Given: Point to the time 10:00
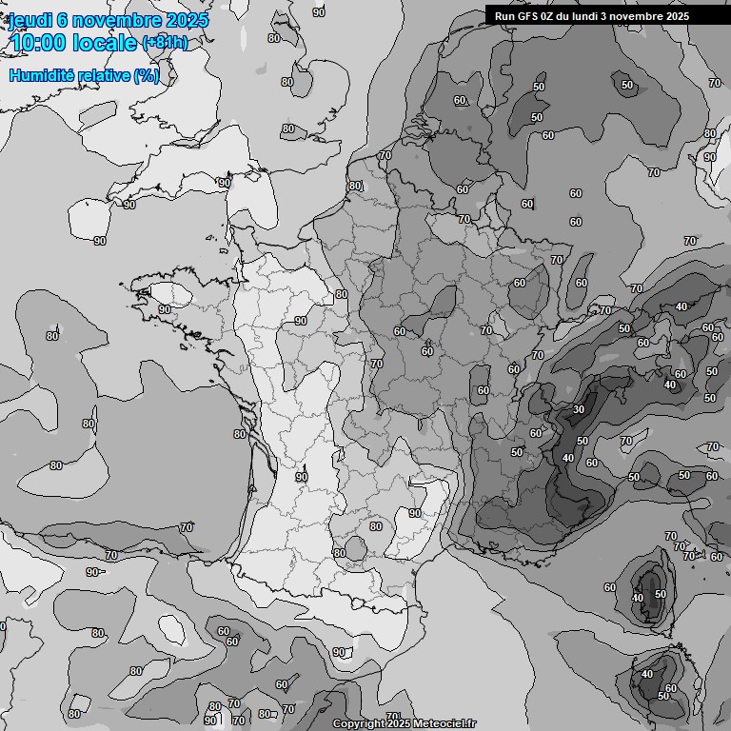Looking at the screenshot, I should click(41, 43).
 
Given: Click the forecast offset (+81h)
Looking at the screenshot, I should click(166, 43).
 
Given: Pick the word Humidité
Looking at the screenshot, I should click(41, 75).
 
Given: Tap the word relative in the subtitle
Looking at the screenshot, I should click(102, 75).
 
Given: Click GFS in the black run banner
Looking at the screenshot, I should click(527, 15).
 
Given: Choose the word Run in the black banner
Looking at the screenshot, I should click(504, 15).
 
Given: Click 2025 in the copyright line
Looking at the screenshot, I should click(399, 724).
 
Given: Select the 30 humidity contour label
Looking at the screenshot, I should click(579, 409).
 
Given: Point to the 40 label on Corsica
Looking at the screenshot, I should click(638, 598).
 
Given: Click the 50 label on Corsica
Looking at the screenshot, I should click(661, 594).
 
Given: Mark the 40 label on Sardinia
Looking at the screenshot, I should click(647, 674).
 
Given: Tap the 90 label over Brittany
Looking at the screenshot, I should click(165, 309).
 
